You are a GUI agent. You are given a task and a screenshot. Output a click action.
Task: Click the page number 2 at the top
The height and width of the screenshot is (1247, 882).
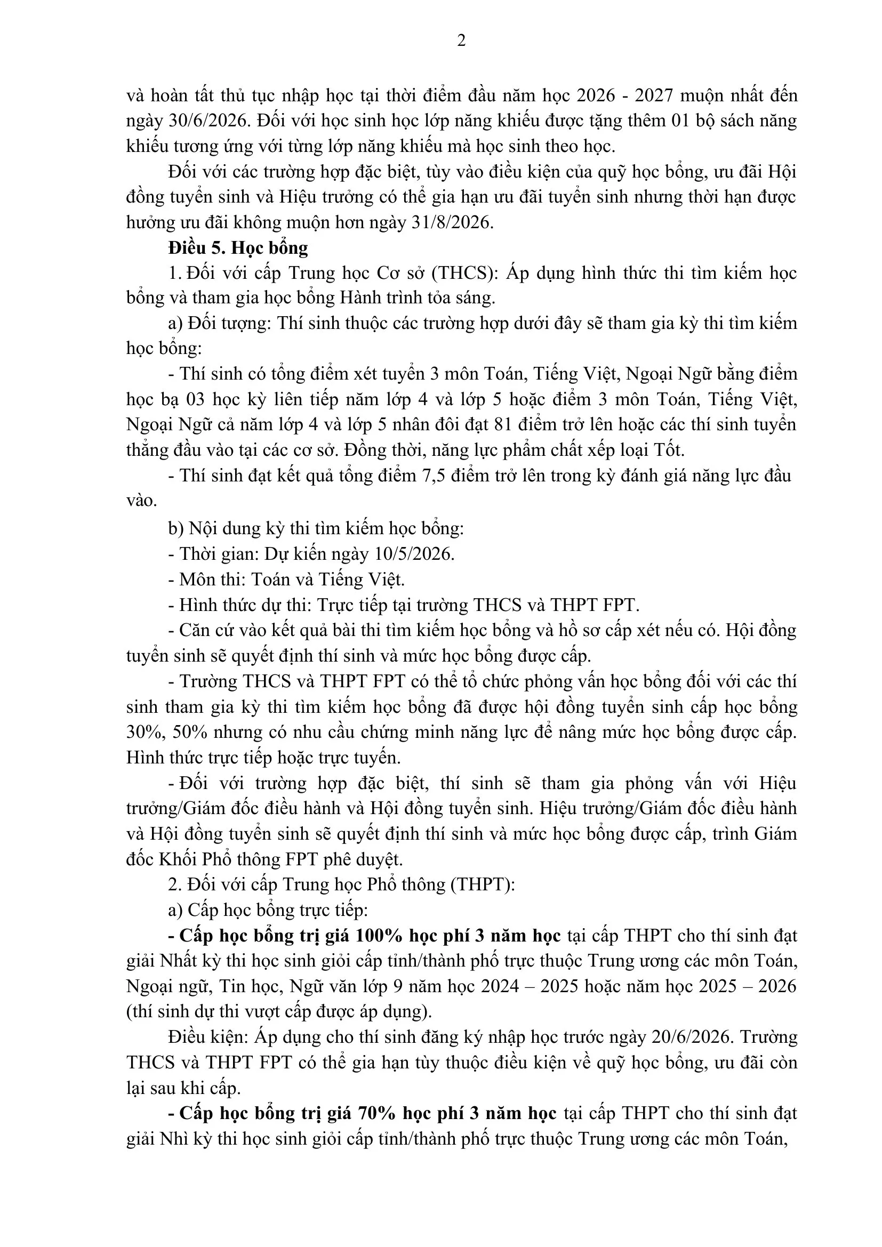461,41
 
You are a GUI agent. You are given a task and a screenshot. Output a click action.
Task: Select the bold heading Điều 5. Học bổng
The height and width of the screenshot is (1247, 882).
238,248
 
